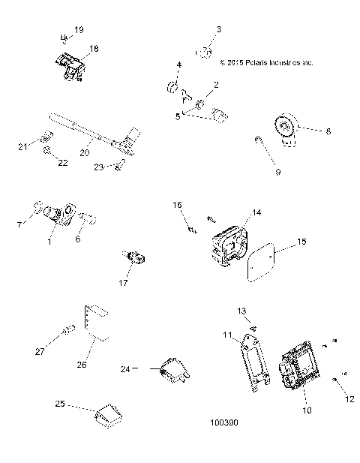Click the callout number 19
(x=79, y=29)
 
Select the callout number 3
(x=219, y=29)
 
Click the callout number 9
(x=277, y=172)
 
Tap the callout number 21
(x=23, y=146)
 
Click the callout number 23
(x=98, y=168)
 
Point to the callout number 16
(x=178, y=204)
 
